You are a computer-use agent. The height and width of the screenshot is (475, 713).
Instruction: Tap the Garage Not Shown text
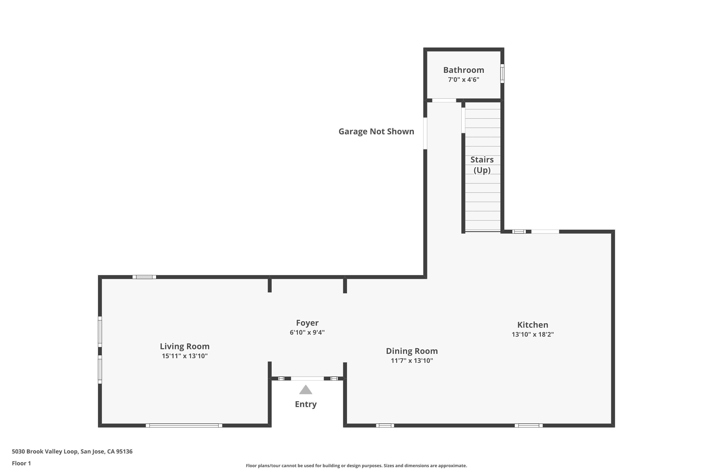click(376, 132)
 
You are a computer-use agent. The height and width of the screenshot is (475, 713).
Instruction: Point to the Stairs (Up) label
click(482, 165)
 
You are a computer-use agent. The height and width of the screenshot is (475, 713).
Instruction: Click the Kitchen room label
click(533, 325)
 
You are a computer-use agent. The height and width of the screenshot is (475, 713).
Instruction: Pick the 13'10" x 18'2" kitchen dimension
click(533, 334)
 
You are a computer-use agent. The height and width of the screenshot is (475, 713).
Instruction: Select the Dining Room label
click(412, 351)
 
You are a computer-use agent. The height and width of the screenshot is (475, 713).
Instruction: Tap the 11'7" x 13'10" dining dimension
click(412, 361)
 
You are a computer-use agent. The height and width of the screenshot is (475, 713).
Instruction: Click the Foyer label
click(307, 323)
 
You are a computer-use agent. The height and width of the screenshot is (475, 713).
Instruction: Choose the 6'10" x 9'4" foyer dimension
click(307, 332)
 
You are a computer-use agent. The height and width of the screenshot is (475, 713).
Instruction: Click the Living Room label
click(185, 346)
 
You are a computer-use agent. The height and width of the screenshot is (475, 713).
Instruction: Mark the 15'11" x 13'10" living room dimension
click(185, 356)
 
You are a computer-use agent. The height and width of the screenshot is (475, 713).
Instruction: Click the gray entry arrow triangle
click(306, 390)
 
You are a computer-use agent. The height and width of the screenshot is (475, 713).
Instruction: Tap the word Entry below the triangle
click(306, 404)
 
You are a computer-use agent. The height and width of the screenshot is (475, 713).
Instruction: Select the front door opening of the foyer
click(307, 378)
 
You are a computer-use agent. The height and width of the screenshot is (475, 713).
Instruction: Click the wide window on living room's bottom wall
click(184, 426)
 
